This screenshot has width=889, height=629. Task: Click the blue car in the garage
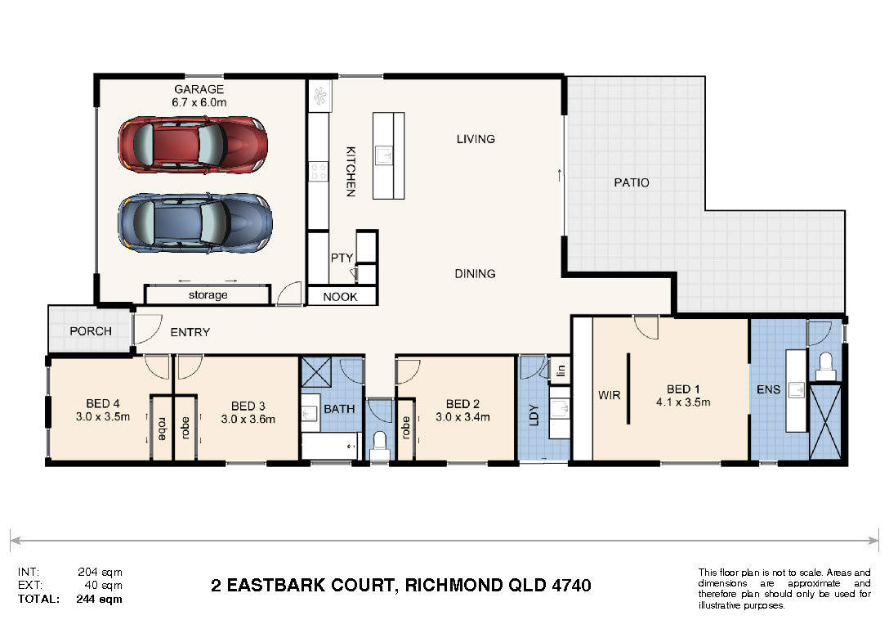point(195,223)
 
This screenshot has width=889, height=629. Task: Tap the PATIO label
point(632,182)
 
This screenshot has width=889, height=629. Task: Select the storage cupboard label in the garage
point(208,295)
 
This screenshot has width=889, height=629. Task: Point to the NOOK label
point(340,297)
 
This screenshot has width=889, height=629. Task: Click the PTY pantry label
point(342,258)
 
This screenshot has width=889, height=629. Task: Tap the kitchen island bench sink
point(384,155)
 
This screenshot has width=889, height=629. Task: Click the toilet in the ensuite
point(825,366)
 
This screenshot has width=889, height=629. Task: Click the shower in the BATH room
point(315,372)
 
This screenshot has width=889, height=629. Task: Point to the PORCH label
point(91,331)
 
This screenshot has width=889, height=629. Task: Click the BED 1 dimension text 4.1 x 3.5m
point(683,402)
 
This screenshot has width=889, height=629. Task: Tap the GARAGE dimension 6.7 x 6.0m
point(199,103)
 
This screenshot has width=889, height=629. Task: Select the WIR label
point(609,395)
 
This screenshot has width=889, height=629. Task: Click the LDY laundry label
point(534,415)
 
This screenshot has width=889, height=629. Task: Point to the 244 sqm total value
point(99,599)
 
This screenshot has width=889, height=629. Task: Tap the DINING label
point(475,274)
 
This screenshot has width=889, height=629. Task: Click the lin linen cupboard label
point(561,371)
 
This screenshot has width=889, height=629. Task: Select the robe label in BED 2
point(406,428)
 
